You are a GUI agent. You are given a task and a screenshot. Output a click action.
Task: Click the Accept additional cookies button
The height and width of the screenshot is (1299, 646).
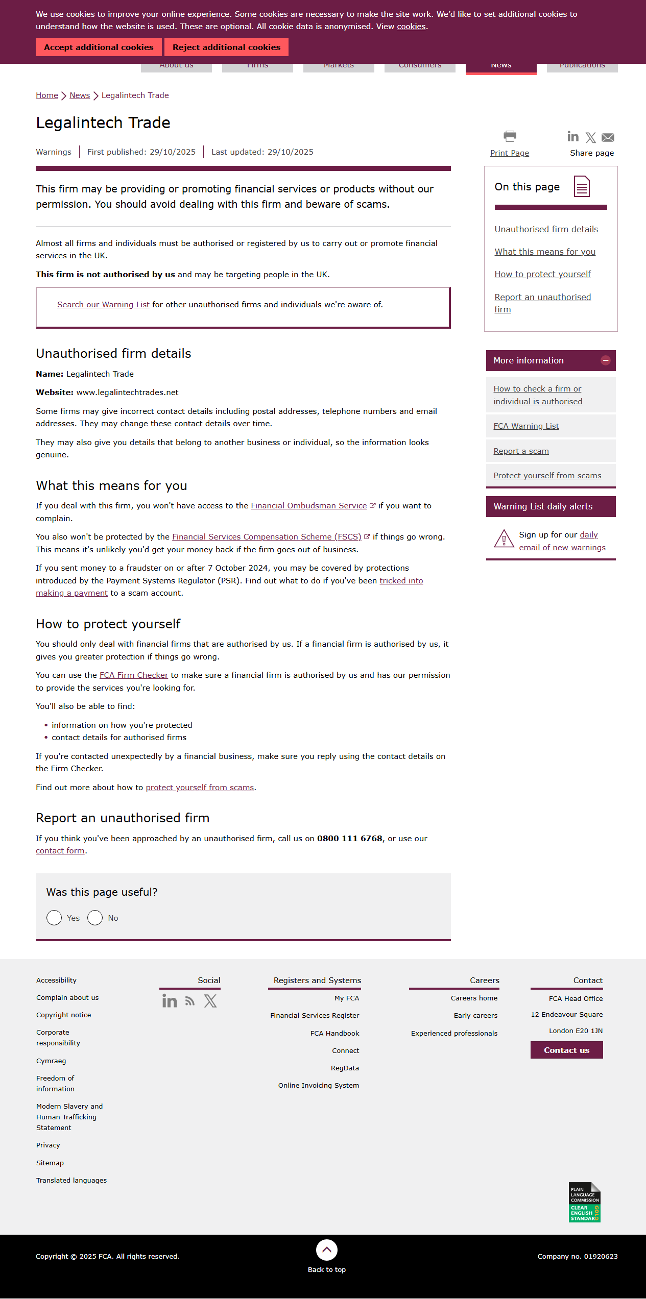(x=99, y=47)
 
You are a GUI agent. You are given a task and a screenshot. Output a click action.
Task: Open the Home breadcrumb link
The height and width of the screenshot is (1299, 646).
(x=47, y=95)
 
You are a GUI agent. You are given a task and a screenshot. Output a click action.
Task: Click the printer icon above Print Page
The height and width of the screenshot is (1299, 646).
(x=510, y=136)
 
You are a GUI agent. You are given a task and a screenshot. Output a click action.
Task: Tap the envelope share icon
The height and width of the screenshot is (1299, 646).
(x=608, y=137)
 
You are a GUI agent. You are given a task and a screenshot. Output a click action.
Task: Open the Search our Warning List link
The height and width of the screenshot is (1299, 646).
(x=103, y=305)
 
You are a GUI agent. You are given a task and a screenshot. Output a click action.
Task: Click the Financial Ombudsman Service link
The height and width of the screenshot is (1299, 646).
(x=309, y=506)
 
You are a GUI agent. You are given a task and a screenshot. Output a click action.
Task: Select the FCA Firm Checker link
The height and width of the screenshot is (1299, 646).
(x=134, y=675)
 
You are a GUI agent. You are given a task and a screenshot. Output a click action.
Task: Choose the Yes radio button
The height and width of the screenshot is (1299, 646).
(x=54, y=918)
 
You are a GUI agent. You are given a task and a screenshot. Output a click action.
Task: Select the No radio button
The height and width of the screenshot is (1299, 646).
(x=95, y=918)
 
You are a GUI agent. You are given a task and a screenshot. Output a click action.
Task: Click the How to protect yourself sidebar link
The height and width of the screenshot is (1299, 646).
(x=542, y=275)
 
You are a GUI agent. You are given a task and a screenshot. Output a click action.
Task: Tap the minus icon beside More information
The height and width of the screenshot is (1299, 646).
(x=606, y=360)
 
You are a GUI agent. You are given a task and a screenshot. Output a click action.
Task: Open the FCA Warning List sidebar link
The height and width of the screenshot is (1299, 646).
(x=526, y=426)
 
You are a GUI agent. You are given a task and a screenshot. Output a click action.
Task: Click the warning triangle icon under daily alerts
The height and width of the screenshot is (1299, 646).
(x=504, y=539)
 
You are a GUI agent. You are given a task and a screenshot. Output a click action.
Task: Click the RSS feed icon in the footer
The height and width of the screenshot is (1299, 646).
(x=190, y=1001)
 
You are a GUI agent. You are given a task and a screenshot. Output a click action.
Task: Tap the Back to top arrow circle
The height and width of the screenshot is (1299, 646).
(x=327, y=1250)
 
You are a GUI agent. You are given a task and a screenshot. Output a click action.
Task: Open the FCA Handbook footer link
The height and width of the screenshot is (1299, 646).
(x=334, y=1033)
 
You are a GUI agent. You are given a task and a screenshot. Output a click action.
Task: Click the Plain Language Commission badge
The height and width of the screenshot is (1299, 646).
(x=584, y=1202)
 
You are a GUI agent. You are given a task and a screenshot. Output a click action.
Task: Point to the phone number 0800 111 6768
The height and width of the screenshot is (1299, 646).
(x=350, y=839)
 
